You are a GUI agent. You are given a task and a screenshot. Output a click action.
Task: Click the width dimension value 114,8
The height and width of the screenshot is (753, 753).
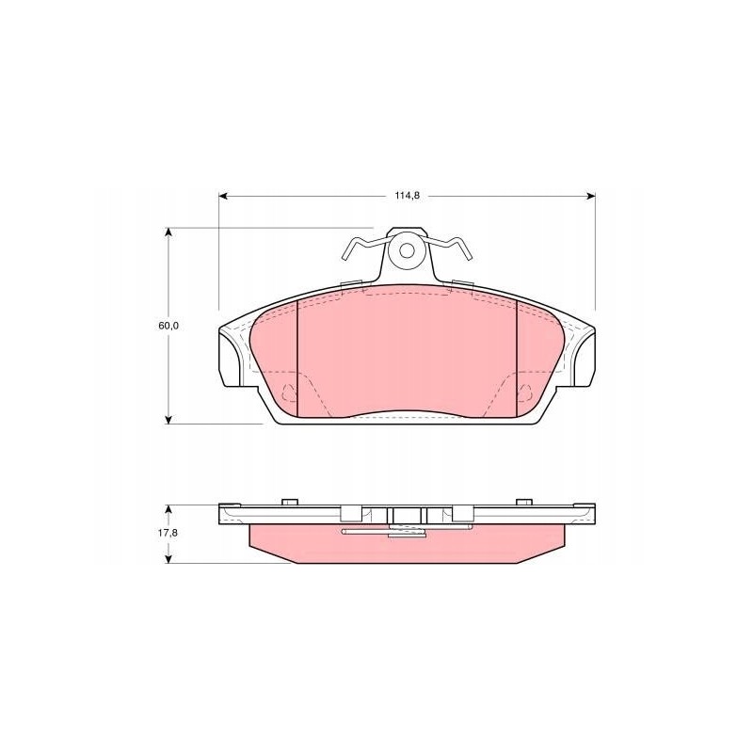pos(407,196)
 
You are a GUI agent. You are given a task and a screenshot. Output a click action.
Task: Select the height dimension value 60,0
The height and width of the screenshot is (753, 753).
pos(168,325)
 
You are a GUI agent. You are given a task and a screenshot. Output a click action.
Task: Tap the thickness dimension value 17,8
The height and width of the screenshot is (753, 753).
pos(168,534)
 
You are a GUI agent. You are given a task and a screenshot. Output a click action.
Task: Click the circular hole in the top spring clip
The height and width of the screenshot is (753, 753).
pos(408,251)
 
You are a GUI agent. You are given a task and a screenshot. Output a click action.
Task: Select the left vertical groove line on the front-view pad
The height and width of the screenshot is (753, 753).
pos(296,358)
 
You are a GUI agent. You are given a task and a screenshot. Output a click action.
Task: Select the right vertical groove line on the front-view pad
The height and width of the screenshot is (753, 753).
pos(519,358)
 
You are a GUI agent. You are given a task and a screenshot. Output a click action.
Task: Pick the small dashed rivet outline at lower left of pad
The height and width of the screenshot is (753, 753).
pos(290,391)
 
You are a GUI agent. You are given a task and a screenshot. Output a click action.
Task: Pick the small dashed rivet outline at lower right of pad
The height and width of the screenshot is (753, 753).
pos(526,391)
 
